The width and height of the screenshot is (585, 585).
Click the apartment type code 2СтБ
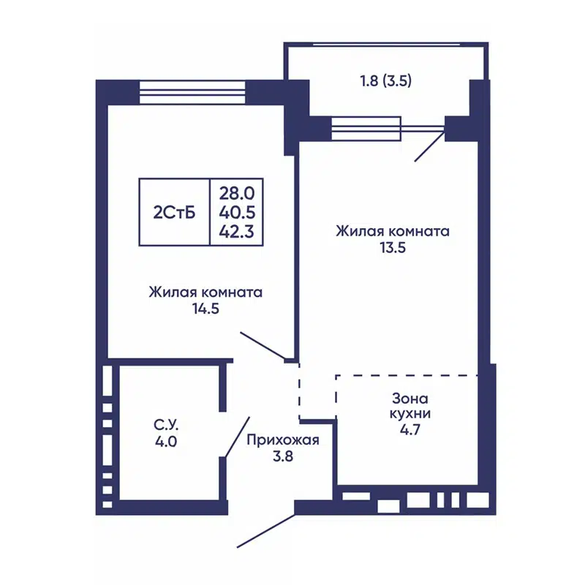[174, 213]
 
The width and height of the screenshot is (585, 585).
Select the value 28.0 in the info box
[237, 193]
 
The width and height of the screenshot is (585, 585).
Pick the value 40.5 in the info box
[237, 212]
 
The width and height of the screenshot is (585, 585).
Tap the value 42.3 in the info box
[236, 232]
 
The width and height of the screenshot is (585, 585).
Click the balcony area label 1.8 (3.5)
[386, 80]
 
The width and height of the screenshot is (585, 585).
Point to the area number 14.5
[205, 309]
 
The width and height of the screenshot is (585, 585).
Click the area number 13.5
[393, 247]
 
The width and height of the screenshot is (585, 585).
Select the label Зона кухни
[410, 406]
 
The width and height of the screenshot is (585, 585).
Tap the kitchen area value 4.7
[410, 429]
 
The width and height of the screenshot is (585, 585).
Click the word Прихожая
[283, 440]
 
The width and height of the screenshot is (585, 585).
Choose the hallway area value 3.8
[283, 456]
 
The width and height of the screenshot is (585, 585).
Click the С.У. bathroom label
[166, 425]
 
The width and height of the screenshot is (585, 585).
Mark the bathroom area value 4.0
[166, 442]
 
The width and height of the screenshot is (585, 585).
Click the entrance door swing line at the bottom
[266, 532]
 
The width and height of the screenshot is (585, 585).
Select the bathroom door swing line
[237, 437]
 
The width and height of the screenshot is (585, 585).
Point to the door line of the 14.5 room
[263, 345]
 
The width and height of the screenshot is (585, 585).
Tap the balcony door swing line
[429, 147]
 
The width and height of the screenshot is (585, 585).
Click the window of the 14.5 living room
[192, 93]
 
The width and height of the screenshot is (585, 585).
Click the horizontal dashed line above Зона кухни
[407, 375]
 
